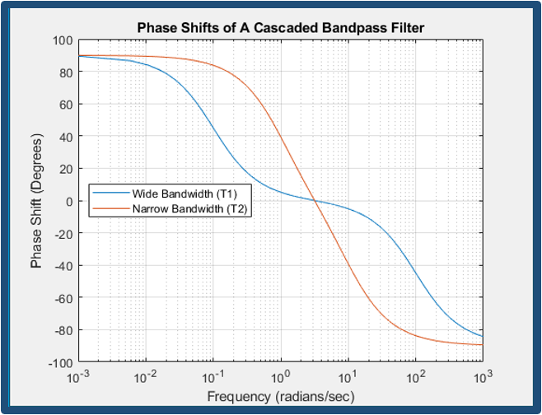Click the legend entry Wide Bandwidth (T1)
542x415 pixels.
click(185, 194)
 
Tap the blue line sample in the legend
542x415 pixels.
click(110, 194)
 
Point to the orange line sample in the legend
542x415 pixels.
click(110, 208)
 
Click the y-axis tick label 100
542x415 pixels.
click(63, 41)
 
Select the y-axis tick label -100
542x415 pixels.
click(61, 363)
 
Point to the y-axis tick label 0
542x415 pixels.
click(69, 201)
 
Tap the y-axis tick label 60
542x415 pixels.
click(66, 104)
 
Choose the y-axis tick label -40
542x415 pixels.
click(64, 265)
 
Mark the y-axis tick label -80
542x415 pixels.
click(64, 330)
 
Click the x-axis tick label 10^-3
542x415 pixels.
click(79, 377)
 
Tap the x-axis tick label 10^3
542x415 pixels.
click(483, 377)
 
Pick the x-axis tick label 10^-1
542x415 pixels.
click(213, 377)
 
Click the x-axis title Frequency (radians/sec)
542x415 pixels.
click(281, 396)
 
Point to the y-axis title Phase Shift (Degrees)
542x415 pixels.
click(36, 201)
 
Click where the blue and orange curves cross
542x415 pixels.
click(315, 201)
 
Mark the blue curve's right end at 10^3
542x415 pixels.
click(483, 337)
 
